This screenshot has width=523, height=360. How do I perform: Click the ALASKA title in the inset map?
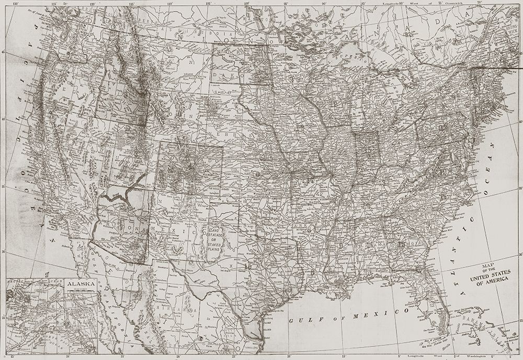pyautogui.click(x=77, y=285)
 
